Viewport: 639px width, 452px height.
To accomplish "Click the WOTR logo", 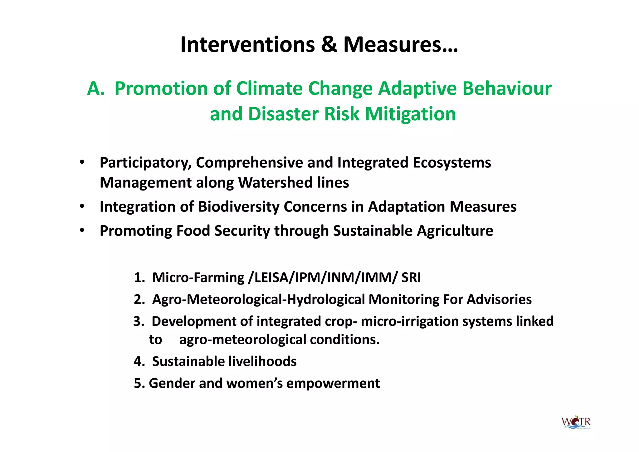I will coord(576,423).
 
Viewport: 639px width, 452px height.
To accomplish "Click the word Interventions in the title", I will coord(248,45).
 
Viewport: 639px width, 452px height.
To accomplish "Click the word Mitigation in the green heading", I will coord(410,114).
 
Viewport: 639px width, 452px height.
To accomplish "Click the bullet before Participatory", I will coord(82,162).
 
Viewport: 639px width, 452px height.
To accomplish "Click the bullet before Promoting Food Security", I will coord(82,231).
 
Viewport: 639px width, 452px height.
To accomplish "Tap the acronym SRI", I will coord(411,278).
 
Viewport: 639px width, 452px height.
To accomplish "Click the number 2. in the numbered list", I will coord(139,300).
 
